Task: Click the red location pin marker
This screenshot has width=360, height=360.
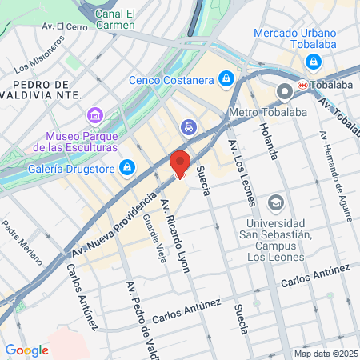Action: (x=180, y=164)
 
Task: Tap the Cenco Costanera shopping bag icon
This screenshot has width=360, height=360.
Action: (x=227, y=78)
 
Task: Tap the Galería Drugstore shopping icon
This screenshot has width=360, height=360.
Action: (x=126, y=166)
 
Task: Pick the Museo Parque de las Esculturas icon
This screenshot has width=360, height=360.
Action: (x=95, y=116)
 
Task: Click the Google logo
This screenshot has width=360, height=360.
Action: (x=26, y=350)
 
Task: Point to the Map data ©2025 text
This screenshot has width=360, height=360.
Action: (x=324, y=354)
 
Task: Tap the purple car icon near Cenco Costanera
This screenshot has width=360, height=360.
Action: (x=188, y=126)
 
